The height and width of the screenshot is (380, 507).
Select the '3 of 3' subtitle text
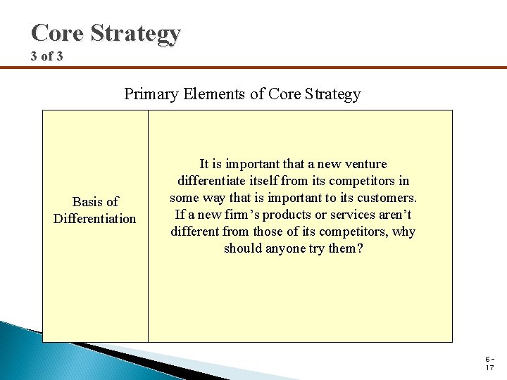click(x=46, y=56)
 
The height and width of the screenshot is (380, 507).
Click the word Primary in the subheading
click(x=149, y=94)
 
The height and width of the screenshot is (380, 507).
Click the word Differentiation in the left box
click(x=95, y=218)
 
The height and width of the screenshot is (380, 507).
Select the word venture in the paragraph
click(x=364, y=164)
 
